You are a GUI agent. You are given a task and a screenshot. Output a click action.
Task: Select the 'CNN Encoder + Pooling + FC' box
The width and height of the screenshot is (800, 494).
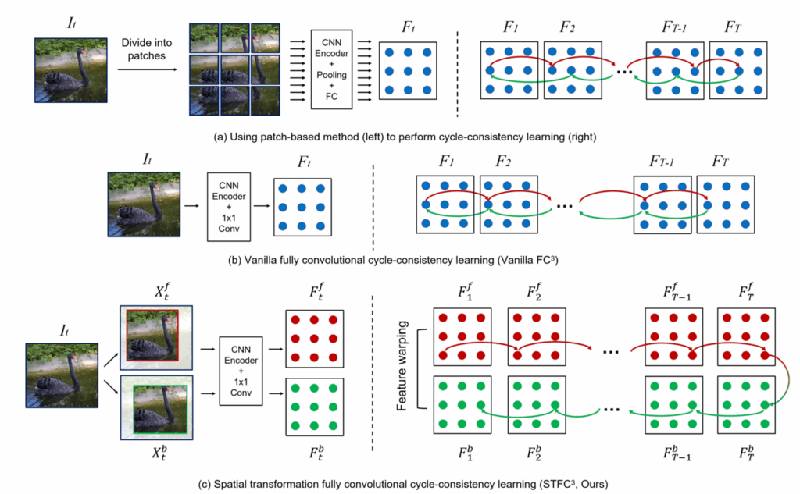coord(334,69)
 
